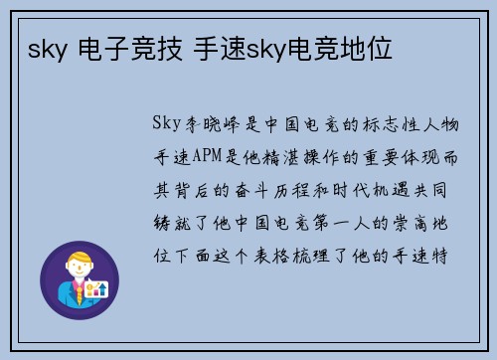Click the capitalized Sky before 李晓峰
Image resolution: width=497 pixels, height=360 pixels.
tap(166, 125)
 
